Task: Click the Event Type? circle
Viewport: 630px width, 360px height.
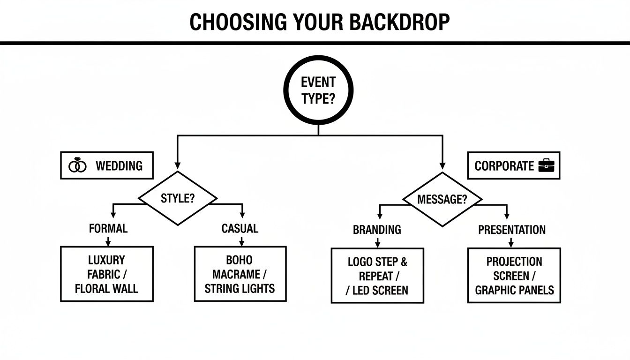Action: point(318,90)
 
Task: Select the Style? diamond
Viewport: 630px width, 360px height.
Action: point(178,198)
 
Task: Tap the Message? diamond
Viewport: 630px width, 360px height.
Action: point(442,199)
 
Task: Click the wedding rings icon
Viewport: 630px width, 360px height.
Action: point(78,166)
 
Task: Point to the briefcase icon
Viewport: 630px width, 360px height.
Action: point(546,165)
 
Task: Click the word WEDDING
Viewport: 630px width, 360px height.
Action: point(119,166)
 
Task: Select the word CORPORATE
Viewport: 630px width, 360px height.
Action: point(504,166)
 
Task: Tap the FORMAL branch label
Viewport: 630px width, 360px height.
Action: point(108,229)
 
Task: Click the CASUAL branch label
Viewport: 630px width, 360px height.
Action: point(240,229)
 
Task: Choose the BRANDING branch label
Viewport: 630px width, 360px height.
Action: point(377,230)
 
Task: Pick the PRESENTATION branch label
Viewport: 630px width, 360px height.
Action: point(512,230)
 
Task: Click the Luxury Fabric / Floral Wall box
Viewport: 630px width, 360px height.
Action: point(107,274)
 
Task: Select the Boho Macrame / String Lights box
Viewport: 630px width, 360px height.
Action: point(240,274)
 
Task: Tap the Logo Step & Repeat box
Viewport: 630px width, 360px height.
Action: point(377,276)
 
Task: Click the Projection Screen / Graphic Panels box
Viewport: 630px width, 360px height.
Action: point(514,276)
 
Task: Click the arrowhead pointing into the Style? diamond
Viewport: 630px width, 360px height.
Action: point(178,166)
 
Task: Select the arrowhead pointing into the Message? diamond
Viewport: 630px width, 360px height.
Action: point(442,166)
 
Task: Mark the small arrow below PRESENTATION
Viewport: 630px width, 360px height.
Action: point(511,243)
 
